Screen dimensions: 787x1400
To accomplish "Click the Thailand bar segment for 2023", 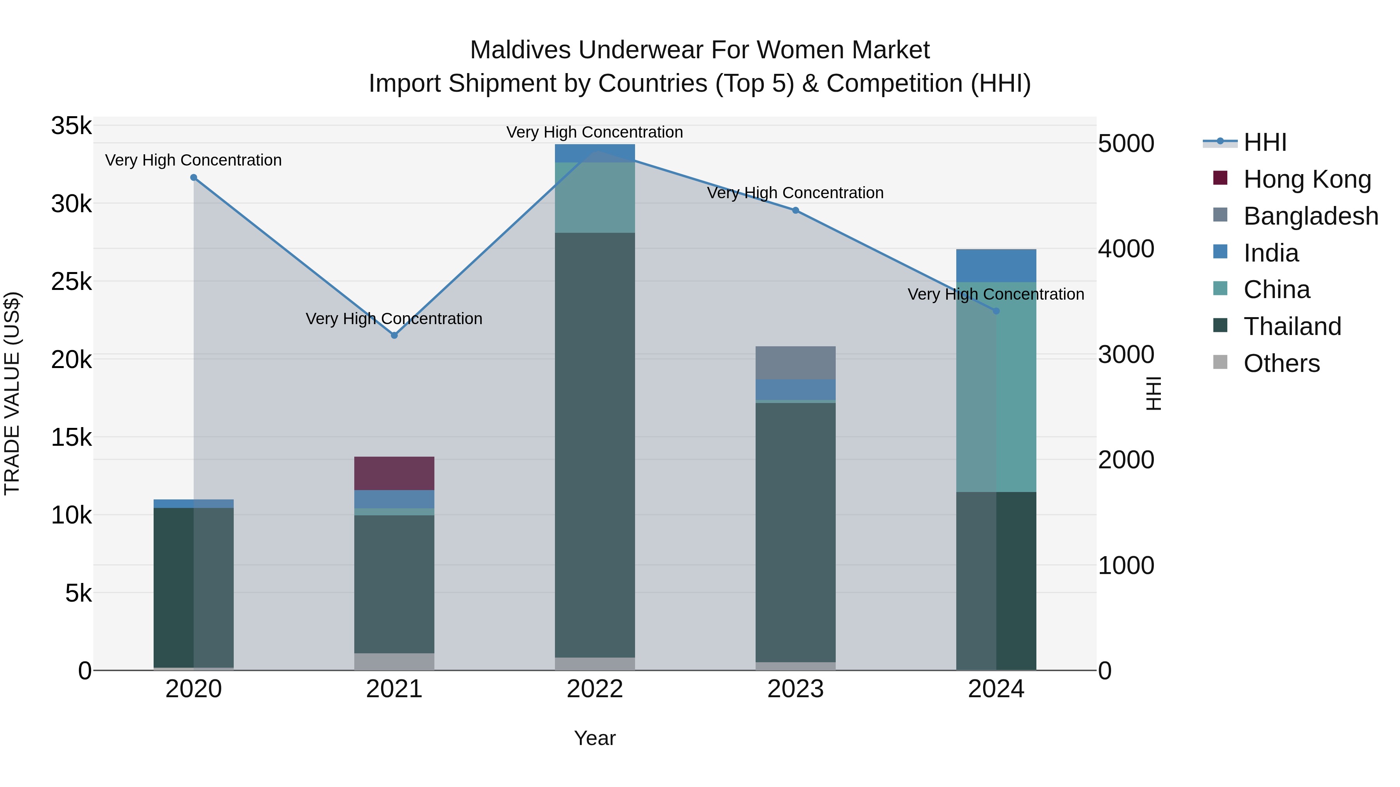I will (x=795, y=532).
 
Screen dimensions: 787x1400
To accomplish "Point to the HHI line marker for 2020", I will (x=194, y=178).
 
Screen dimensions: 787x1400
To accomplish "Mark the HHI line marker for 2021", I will (x=394, y=336).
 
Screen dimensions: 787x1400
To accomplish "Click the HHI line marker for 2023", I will (x=795, y=211).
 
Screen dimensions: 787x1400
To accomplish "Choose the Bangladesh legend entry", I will (x=1310, y=216).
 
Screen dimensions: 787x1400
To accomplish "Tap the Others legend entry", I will (x=1281, y=363).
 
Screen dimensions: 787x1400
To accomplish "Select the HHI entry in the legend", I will (x=1265, y=142).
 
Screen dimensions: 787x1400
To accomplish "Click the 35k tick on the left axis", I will (x=71, y=126).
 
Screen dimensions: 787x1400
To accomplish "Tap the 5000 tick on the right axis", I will (x=1125, y=144).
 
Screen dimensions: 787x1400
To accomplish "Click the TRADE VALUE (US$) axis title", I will (x=12, y=393).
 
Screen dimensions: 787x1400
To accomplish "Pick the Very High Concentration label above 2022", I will (x=595, y=133).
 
